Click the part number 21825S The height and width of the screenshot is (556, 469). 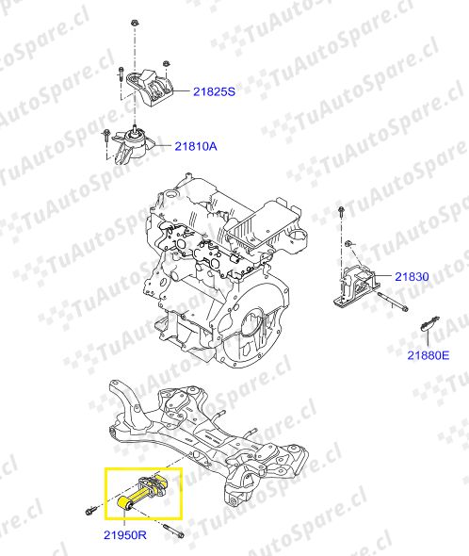pos(214,91)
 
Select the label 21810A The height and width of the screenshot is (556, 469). pos(196,146)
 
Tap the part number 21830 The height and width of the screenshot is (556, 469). pos(412,276)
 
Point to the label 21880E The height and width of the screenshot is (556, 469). pos(429,355)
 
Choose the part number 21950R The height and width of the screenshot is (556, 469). pos(124,535)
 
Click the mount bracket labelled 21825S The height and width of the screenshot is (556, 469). pos(150,87)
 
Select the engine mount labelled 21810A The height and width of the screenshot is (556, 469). pos(134,147)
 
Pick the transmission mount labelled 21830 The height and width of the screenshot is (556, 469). pos(357,286)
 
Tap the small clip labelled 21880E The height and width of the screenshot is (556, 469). pos(429,322)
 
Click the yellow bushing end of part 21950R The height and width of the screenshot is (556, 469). pos(124,503)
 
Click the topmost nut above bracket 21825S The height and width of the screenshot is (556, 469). pos(135,23)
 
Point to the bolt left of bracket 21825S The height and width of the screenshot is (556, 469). pos(121,74)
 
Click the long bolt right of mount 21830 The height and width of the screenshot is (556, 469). pos(393,302)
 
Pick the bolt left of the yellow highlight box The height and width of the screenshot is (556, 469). pos(90,511)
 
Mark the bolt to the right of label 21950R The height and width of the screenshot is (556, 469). pos(173,531)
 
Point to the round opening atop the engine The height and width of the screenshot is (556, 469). pos(170,194)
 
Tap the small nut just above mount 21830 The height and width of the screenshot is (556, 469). pos(348,243)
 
